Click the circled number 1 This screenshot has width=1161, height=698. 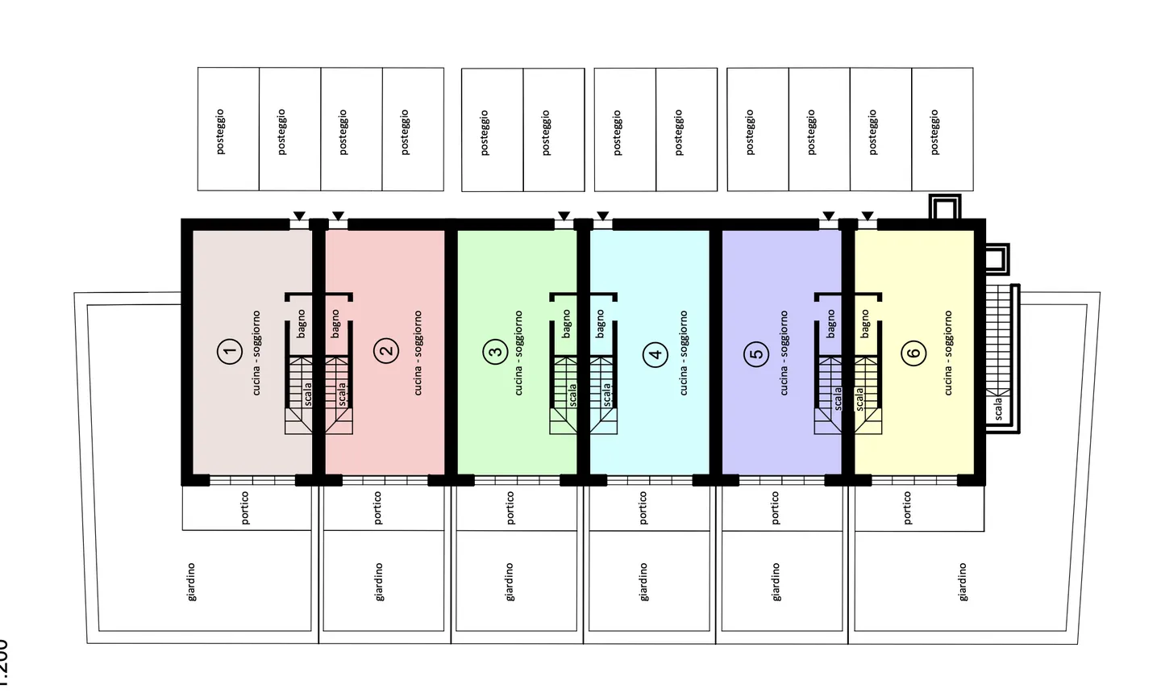click(x=230, y=352)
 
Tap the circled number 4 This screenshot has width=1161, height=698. click(x=655, y=353)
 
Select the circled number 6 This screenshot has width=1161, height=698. click(x=913, y=353)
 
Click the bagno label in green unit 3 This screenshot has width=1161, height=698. click(x=567, y=324)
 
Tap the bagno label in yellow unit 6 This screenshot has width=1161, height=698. click(x=865, y=324)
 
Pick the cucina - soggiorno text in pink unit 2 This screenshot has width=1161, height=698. click(x=418, y=353)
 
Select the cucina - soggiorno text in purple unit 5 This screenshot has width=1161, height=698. click(x=783, y=353)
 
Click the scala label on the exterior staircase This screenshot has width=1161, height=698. click(x=998, y=408)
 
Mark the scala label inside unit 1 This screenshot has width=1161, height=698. click(x=308, y=393)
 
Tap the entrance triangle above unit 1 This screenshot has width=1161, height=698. click(x=299, y=215)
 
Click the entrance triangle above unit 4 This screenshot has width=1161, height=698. click(x=602, y=215)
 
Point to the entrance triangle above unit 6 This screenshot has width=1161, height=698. click(x=867, y=215)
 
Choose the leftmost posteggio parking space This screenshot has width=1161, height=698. click(x=220, y=132)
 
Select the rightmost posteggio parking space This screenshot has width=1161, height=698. click(x=934, y=132)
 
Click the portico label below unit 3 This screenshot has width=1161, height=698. click(x=510, y=508)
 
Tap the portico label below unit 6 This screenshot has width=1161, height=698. click(x=907, y=508)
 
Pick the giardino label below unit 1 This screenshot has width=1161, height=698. click(x=191, y=582)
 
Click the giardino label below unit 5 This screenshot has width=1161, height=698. click(x=776, y=582)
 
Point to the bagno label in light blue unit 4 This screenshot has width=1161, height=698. click(x=600, y=324)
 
